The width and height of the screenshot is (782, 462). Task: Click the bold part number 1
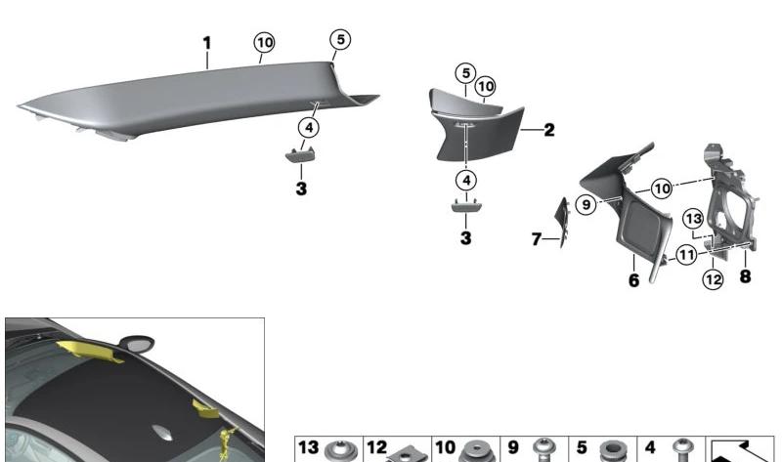coord(207,43)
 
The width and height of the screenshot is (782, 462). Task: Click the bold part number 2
coord(549,130)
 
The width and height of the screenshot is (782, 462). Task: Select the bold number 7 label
coord(536,239)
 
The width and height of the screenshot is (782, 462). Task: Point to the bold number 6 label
coord(633,280)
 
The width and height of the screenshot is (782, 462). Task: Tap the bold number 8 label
coord(745,276)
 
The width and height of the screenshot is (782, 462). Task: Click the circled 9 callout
coord(586,205)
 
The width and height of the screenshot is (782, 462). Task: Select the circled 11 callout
coord(687,255)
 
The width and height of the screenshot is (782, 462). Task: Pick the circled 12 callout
coord(714,279)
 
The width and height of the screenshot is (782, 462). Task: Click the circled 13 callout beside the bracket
coord(693,219)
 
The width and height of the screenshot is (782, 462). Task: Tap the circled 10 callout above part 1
coord(264,43)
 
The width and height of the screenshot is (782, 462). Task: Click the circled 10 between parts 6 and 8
coord(662,189)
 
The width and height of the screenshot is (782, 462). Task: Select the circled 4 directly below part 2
coord(466,180)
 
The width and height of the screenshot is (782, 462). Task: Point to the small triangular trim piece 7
coord(563,223)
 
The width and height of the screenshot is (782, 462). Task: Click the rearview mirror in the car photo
coord(137,343)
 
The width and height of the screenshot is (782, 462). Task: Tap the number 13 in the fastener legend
coord(308,447)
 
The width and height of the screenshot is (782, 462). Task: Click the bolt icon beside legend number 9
coord(543,450)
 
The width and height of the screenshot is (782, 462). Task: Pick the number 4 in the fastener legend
coord(650,447)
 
